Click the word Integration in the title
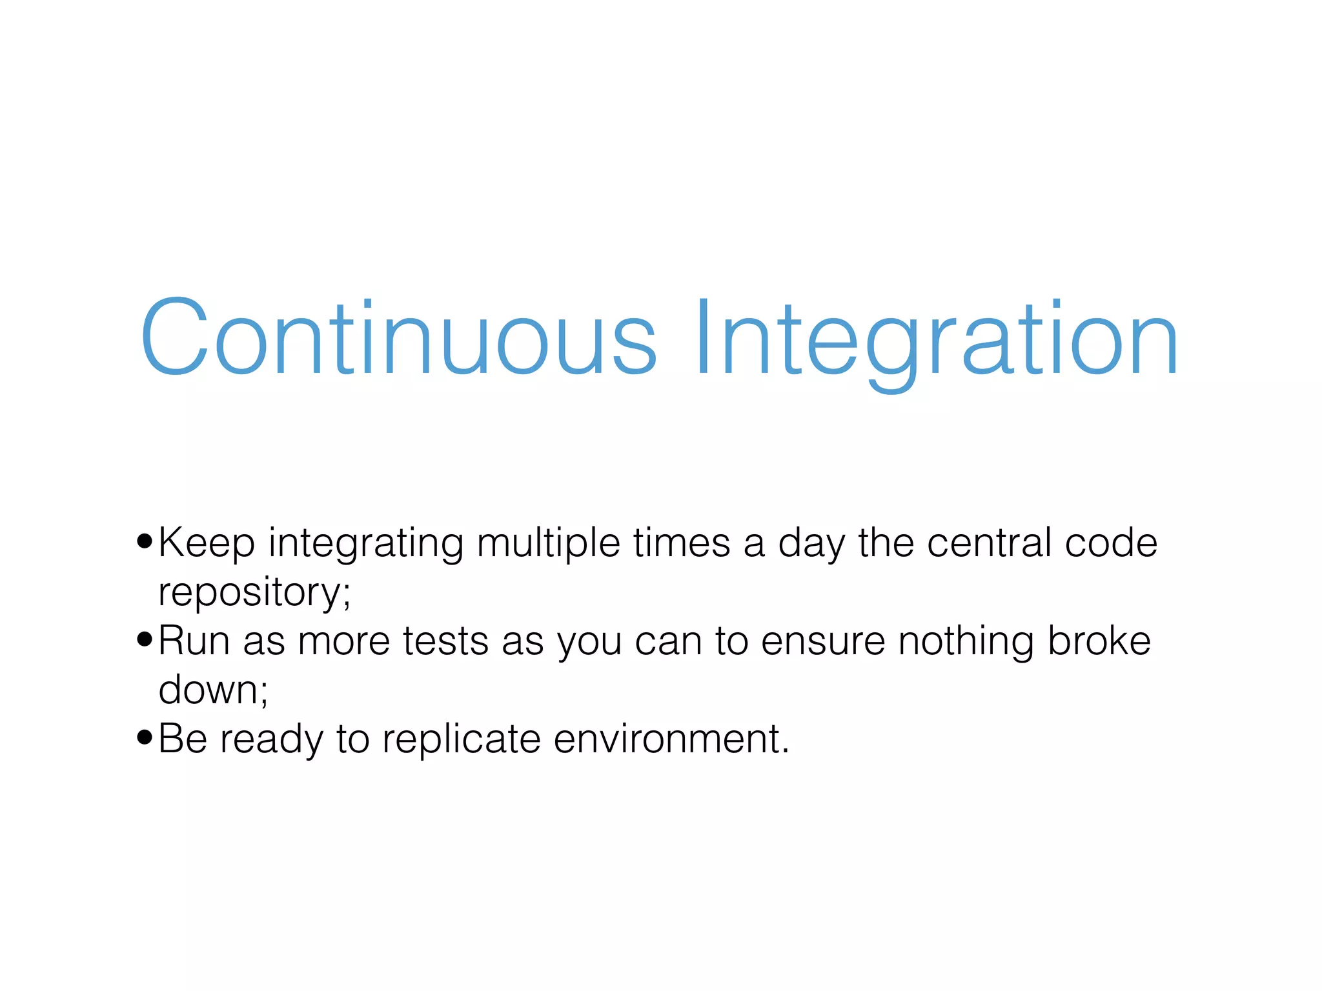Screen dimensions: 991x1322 tap(936, 338)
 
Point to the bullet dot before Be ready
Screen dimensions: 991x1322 tap(145, 737)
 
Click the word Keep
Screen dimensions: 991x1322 tap(207, 543)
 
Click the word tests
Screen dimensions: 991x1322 tap(445, 642)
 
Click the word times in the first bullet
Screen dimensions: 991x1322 tap(681, 543)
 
